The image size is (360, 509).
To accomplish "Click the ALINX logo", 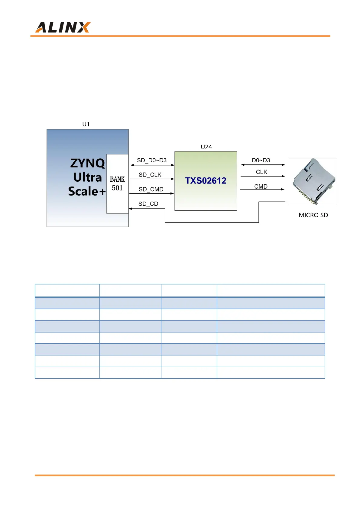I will (63, 28).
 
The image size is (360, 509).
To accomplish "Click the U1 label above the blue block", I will (86, 124).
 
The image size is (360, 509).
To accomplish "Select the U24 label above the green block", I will (206, 147).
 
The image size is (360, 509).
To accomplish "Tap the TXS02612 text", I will (206, 181).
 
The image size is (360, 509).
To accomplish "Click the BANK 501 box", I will (117, 184).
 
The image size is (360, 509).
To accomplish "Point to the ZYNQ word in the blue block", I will (87, 163).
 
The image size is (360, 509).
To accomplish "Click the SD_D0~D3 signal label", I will (152, 160).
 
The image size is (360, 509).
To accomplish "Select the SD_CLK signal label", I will (150, 175).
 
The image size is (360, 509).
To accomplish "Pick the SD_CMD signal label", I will (151, 189).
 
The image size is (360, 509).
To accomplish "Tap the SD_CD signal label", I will (148, 204).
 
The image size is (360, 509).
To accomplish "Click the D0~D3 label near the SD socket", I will (261, 160).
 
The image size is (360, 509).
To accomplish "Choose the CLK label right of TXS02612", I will (261, 172).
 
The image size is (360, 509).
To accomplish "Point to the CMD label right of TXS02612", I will (261, 186).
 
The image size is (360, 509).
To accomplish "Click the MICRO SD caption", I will (313, 215).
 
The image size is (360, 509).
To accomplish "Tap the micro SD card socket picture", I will (313, 181).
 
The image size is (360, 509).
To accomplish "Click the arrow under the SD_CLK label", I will (152, 179).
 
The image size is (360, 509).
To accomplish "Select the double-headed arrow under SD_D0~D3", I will (152, 165).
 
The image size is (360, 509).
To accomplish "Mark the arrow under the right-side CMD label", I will (262, 190).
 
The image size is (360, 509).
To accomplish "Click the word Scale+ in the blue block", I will (87, 191).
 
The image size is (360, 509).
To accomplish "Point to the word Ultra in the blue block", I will (87, 177).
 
